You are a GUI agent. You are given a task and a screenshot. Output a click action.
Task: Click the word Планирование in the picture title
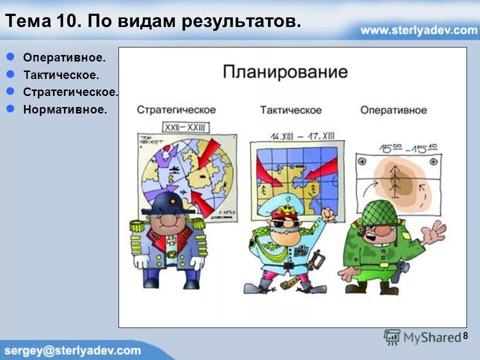[x=285, y=71]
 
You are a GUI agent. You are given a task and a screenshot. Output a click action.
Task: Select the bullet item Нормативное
[x=64, y=109]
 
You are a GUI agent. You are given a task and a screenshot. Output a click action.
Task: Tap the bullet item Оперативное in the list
[x=64, y=57]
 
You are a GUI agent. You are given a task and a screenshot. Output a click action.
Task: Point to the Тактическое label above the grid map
[x=290, y=110]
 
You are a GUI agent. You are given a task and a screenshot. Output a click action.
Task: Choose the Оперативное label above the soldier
[x=393, y=110]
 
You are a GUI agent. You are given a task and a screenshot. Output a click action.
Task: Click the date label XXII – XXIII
[x=185, y=126]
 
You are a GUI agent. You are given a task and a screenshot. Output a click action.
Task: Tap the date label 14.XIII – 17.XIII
[x=302, y=135]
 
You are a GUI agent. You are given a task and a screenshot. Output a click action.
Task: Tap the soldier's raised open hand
[x=433, y=232]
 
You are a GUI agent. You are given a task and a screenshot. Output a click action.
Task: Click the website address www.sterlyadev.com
[x=418, y=30]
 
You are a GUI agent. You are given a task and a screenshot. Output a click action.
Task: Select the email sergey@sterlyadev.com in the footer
[x=72, y=350]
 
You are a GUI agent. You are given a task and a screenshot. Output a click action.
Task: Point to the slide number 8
[x=465, y=335]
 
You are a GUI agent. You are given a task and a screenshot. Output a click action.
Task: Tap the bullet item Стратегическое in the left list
[x=70, y=92]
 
